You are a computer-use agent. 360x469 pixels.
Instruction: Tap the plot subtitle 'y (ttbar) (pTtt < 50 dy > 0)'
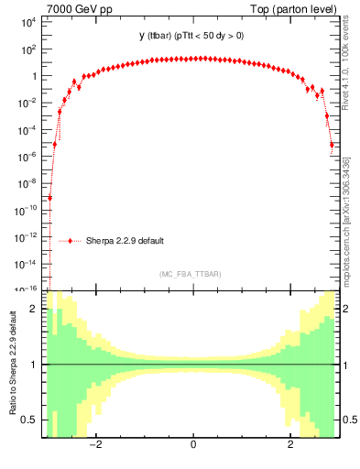click(191, 36)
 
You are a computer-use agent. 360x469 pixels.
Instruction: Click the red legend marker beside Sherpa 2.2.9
click(70, 241)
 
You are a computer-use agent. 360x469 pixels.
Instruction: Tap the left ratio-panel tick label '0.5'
click(30, 420)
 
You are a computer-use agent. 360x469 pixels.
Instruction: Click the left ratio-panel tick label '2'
click(36, 310)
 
